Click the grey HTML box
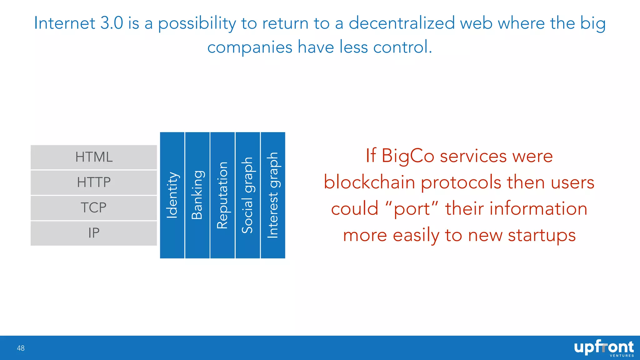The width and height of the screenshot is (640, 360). tap(94, 157)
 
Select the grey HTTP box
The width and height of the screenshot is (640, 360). tap(94, 182)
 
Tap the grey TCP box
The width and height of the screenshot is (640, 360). tap(94, 208)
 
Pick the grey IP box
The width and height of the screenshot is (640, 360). tap(94, 233)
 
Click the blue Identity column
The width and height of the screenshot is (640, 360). tap(172, 195)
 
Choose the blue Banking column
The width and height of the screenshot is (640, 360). tap(197, 195)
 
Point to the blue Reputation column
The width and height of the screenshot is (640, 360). tap(222, 195)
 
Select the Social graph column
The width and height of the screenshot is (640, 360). tap(247, 195)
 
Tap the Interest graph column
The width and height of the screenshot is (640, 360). tap(273, 195)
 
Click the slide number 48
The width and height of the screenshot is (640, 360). tap(21, 348)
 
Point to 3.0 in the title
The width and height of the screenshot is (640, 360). tap(112, 23)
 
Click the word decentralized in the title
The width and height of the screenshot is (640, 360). tap(402, 23)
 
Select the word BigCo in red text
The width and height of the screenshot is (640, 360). tap(407, 156)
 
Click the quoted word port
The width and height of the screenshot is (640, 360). tap(412, 209)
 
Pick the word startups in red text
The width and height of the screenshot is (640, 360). tap(542, 235)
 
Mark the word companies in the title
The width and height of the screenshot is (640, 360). tap(250, 47)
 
